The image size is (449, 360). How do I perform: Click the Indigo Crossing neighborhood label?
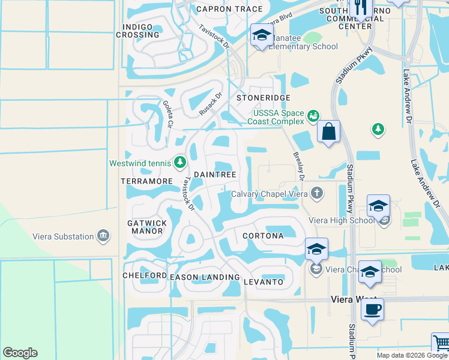coord(141,31)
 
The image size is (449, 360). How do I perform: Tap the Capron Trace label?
coord(230,8)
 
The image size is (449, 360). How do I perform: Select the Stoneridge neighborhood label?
coord(263,97)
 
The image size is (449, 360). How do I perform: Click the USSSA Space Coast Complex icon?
coord(312,115)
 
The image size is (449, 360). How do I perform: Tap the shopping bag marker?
coord(328,132)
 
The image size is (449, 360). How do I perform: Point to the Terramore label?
coord(146,181)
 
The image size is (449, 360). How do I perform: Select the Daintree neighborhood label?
coord(214,173)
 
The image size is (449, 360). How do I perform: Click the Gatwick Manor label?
coord(147,227)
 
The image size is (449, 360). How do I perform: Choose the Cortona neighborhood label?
coord(263,236)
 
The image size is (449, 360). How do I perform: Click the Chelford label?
coord(145,275)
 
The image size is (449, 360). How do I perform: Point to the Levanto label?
coord(264,281)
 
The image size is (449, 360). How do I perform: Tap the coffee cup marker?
coord(372,310)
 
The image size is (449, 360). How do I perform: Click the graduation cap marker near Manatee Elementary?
coord(262,36)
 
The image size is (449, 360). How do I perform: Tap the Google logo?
coord(20,353)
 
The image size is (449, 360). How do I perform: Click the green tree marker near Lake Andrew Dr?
coord(378,128)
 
